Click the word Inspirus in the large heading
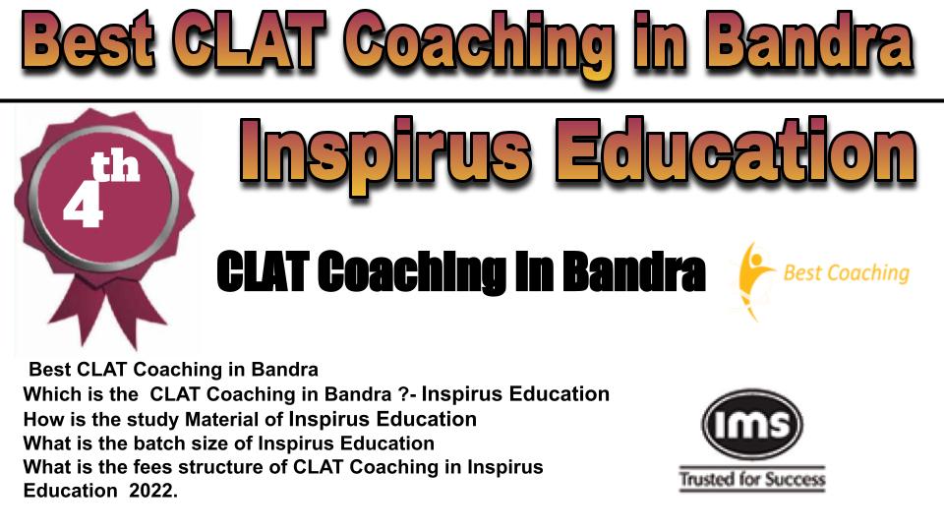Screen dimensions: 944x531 click(386, 152)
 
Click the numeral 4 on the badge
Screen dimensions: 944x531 click(83, 207)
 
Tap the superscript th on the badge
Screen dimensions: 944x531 click(115, 168)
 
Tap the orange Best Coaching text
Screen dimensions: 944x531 click(846, 273)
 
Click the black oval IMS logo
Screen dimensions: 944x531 click(752, 424)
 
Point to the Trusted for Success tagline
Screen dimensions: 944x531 click(752, 479)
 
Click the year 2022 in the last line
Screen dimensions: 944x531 click(151, 491)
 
